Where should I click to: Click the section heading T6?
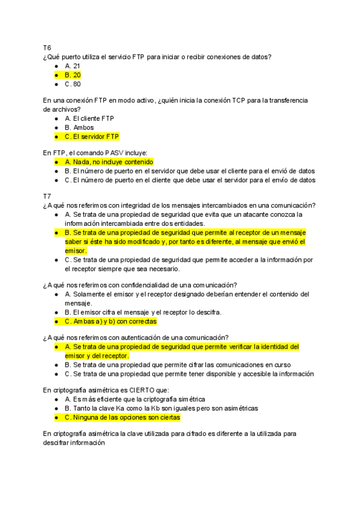[47, 47]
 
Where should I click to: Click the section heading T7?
[47, 196]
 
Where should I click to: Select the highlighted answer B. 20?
[73, 75]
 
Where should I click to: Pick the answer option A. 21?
[72, 66]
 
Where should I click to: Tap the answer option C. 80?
[73, 84]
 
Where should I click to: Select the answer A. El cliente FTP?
[89, 118]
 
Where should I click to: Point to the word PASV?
[97, 153]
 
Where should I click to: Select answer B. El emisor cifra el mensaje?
[143, 312]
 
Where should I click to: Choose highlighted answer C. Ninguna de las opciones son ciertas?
[122, 417]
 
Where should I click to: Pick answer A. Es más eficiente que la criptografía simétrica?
[135, 399]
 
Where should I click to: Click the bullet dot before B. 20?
[56, 75]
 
